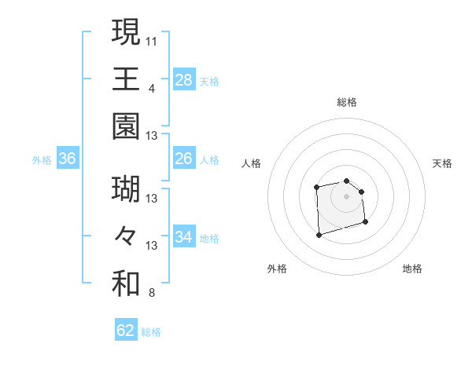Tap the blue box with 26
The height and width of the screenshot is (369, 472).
pos(184,159)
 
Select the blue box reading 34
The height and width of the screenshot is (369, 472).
pos(184,237)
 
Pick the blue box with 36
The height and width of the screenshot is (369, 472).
pos(68,159)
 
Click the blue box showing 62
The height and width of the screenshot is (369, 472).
pos(126,331)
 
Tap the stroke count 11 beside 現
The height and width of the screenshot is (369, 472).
pos(152,40)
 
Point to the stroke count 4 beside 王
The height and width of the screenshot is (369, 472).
pos(152,88)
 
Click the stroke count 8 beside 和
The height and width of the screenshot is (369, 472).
pos(152,294)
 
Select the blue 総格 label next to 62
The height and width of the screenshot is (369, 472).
pos(151,332)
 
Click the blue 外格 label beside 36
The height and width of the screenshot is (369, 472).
pos(42,160)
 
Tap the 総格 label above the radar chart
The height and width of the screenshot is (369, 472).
pos(347,102)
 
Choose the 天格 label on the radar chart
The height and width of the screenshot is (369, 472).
pos(443,163)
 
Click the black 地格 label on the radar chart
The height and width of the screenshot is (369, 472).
pos(412,269)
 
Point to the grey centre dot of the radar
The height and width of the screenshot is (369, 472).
pos(346,195)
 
